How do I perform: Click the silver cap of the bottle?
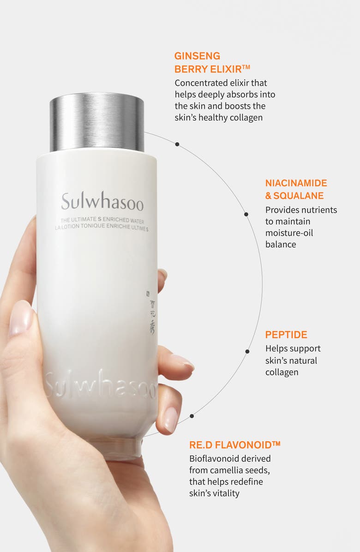pos(97,122)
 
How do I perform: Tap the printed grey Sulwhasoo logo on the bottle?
pos(102,202)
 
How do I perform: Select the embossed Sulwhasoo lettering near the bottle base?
pos(101,384)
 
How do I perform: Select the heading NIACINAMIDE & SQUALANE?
pos(296,189)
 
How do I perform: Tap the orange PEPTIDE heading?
pos(286,335)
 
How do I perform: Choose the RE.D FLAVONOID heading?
pos(234,445)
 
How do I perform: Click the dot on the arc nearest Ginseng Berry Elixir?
pos(177,144)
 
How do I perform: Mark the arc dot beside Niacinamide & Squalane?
pos(246,214)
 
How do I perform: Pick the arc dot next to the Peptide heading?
pos(247,351)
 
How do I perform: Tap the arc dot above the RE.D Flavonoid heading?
pos(192,416)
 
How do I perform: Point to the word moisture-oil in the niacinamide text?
pos(289,232)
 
